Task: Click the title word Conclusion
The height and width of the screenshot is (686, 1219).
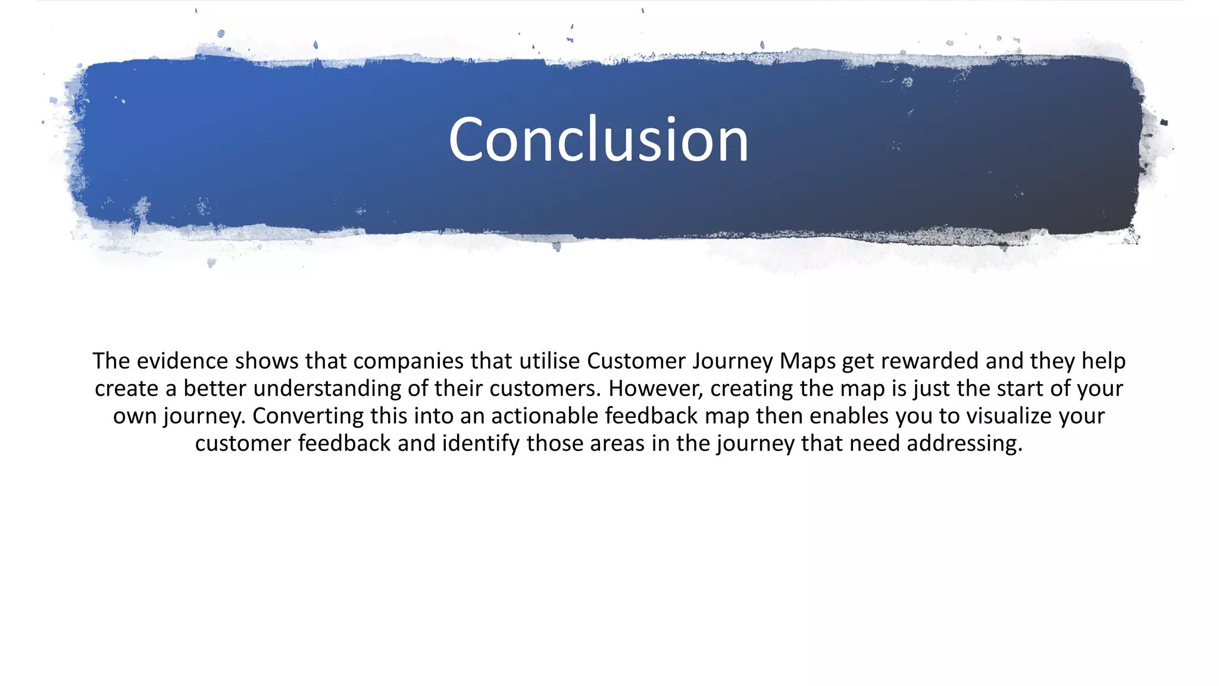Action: pyautogui.click(x=598, y=140)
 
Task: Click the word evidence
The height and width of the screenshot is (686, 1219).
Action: pyautogui.click(x=182, y=361)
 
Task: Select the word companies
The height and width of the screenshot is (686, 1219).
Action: pyautogui.click(x=408, y=361)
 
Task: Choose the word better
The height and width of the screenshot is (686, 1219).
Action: pyautogui.click(x=215, y=388)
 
